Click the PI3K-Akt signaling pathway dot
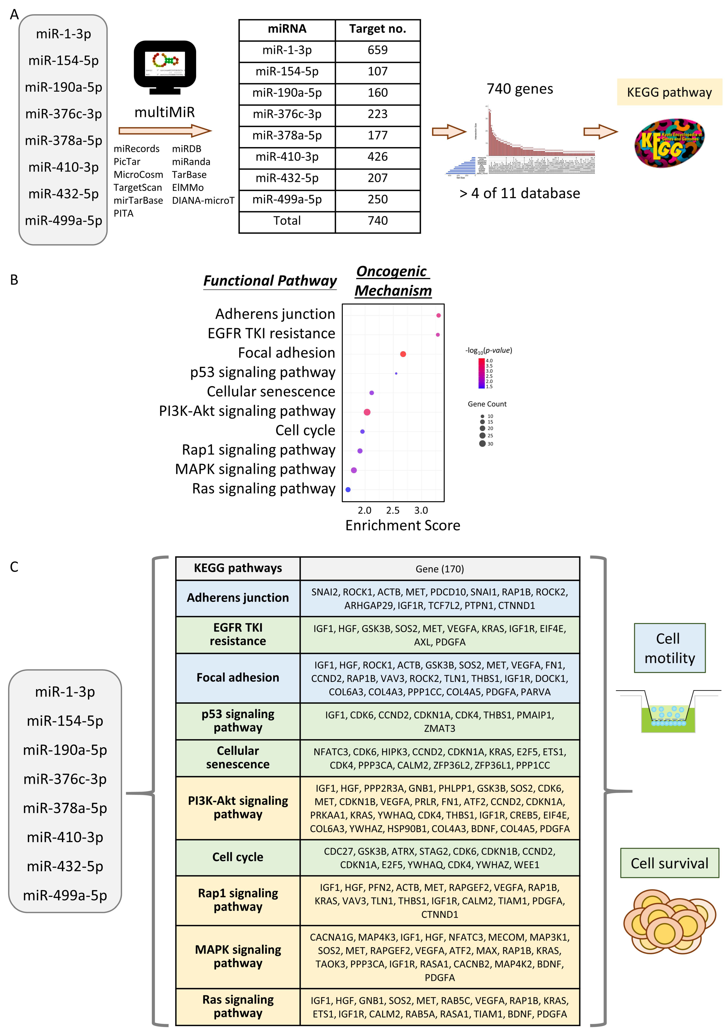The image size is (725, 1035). (367, 412)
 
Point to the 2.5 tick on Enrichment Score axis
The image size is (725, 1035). (393, 510)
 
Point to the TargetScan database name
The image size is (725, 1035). (137, 187)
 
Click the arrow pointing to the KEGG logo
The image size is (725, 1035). (600, 132)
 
